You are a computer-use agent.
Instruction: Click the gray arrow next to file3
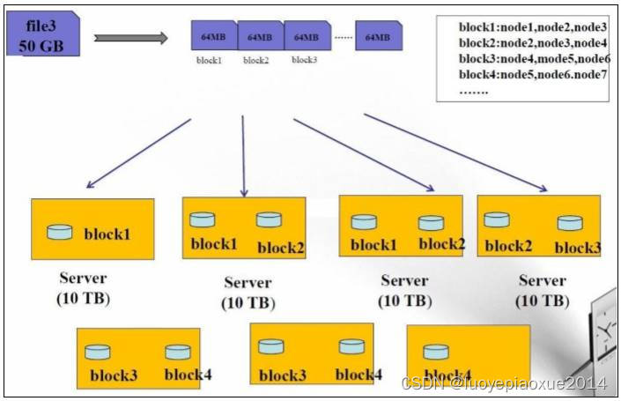click(x=130, y=38)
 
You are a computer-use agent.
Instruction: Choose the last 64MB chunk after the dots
click(x=379, y=38)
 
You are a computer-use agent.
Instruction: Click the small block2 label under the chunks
click(x=255, y=61)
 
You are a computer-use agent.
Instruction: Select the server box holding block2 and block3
click(x=538, y=226)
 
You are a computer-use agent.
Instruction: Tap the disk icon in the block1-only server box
click(x=60, y=232)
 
